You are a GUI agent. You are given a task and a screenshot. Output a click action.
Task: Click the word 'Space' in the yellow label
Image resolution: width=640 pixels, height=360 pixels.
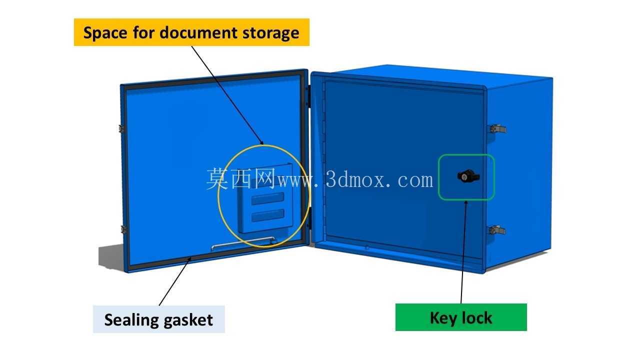pyautogui.click(x=105, y=33)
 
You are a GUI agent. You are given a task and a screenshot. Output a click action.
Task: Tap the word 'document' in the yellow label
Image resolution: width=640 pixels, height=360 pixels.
pyautogui.click(x=198, y=32)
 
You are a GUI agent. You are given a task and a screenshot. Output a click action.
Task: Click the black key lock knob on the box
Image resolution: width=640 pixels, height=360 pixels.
pyautogui.click(x=468, y=176)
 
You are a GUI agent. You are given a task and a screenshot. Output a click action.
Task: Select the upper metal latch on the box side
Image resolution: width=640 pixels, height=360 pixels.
pyautogui.click(x=498, y=128)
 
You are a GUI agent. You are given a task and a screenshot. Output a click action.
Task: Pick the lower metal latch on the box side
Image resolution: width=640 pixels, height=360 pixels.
pyautogui.click(x=497, y=229)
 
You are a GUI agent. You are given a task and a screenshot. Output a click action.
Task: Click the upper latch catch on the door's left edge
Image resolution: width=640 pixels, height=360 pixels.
pyautogui.click(x=121, y=128)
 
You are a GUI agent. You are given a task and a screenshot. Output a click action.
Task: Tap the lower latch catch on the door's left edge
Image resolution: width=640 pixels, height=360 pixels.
pyautogui.click(x=123, y=229)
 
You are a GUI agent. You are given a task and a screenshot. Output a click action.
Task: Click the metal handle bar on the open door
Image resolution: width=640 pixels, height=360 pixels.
pyautogui.click(x=243, y=242)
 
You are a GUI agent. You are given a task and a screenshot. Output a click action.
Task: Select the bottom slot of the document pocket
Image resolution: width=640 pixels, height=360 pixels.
pyautogui.click(x=267, y=215)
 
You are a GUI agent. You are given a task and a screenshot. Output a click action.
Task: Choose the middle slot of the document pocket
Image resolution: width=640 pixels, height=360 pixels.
pyautogui.click(x=267, y=198)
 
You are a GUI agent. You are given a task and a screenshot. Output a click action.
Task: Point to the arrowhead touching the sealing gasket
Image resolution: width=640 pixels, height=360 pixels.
pyautogui.click(x=189, y=259)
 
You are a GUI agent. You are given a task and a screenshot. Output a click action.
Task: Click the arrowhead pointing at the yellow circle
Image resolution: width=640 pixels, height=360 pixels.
pyautogui.click(x=261, y=142)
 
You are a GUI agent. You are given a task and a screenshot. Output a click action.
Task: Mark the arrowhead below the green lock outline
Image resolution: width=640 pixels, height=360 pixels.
pyautogui.click(x=465, y=203)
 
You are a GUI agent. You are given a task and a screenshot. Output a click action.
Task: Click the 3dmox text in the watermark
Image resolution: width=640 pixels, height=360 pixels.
pyautogui.click(x=379, y=180)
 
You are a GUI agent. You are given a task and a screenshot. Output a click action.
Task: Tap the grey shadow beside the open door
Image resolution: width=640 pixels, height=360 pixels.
pyautogui.click(x=111, y=256)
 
